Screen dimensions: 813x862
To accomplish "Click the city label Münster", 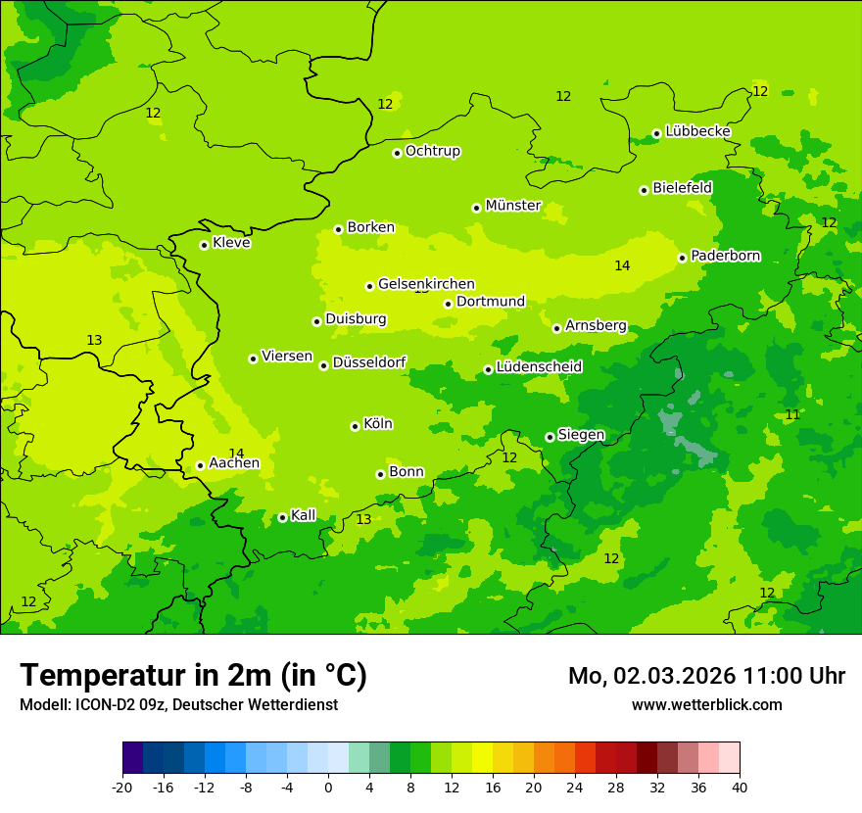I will click(512, 206).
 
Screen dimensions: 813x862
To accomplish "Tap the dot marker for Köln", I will click(355, 426).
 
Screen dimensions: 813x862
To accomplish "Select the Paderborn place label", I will click(725, 256).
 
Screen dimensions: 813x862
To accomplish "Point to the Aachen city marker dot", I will click(200, 465).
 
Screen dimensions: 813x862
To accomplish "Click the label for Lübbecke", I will click(697, 131).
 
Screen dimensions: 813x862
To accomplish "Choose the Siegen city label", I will click(581, 435).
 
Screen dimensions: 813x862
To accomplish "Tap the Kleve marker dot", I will click(204, 245).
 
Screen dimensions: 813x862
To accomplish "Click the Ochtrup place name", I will click(432, 151).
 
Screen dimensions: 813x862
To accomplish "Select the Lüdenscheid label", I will click(539, 367).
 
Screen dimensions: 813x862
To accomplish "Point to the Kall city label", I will click(303, 515).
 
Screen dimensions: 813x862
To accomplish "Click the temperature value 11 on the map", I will click(792, 415).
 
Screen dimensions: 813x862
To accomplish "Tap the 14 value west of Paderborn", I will click(622, 266).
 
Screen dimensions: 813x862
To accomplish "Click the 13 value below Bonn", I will click(363, 520).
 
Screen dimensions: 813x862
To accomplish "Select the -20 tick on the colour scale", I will click(122, 787).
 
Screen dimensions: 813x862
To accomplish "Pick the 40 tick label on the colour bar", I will click(740, 787).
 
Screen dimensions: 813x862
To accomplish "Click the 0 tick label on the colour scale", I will click(328, 787).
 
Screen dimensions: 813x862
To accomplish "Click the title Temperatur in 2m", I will click(193, 676).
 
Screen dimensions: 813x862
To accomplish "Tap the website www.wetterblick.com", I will click(706, 705).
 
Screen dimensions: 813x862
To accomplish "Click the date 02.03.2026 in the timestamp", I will click(675, 676).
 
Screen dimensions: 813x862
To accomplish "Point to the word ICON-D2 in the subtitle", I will click(107, 705).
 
